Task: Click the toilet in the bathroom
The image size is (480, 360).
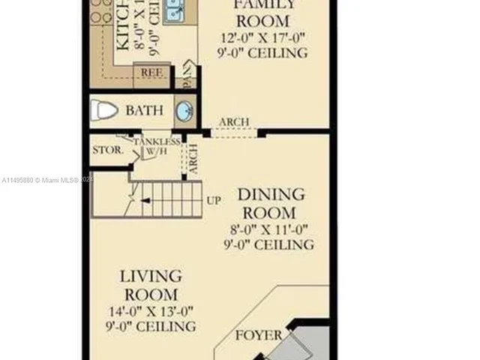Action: pyautogui.click(x=104, y=111)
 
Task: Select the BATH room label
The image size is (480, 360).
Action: pyautogui.click(x=144, y=111)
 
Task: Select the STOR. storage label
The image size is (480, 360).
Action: pyautogui.click(x=108, y=150)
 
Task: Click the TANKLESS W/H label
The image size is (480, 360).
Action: pyautogui.click(x=157, y=146)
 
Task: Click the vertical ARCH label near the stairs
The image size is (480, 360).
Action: pyautogui.click(x=193, y=159)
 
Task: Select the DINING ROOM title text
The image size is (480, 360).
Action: pyautogui.click(x=271, y=203)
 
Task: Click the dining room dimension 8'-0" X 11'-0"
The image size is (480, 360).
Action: pyautogui.click(x=268, y=230)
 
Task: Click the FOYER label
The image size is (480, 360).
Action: pyautogui.click(x=259, y=335)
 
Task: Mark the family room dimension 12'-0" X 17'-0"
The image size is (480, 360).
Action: pyautogui.click(x=262, y=37)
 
